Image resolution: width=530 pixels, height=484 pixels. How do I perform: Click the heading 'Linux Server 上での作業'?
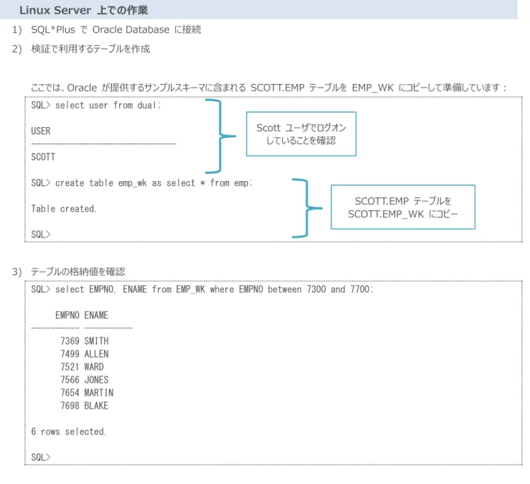pos(83,10)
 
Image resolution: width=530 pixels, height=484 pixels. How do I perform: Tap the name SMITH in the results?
pos(96,341)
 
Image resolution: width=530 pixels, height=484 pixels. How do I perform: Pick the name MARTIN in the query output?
pos(99,393)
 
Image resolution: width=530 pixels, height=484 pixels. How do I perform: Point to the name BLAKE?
pos(96,406)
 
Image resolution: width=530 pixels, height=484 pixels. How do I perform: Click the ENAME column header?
pos(96,315)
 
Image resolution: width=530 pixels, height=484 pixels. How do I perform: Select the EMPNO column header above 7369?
pos(67,315)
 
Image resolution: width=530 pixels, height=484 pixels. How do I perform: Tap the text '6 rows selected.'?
pos(69,432)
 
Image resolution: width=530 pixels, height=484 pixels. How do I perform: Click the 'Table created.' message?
pos(64,208)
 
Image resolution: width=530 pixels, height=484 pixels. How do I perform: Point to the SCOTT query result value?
pos(43,157)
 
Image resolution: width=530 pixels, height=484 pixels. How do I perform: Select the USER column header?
pos(41,131)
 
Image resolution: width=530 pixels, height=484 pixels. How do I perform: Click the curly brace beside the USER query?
pos(220,136)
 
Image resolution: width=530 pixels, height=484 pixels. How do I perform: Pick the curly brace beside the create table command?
pos(307,208)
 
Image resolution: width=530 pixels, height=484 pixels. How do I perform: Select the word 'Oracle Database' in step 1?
pos(131,29)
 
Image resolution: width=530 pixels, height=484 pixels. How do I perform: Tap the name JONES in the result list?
pos(96,380)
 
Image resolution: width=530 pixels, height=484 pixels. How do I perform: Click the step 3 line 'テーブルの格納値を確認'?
pos(78,271)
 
